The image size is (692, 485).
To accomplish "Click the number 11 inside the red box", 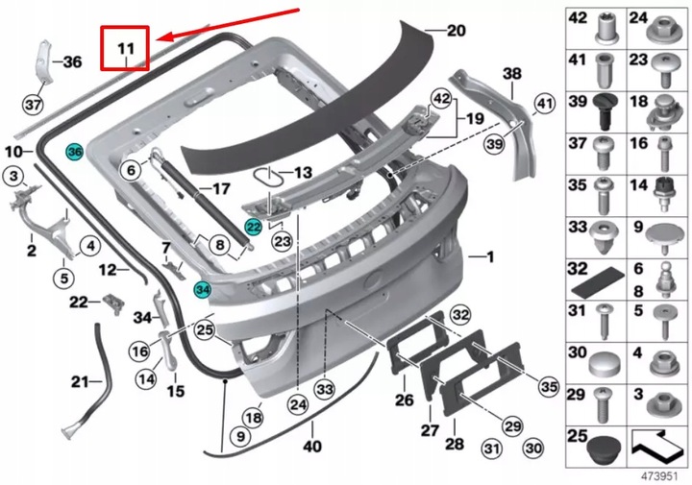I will coord(127,47).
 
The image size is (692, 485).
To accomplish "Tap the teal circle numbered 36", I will coord(75,151).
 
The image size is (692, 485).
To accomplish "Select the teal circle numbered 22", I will coord(254,227).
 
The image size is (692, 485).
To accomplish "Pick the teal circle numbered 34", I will coord(202,288).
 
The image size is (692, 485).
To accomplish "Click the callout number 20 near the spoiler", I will coord(455,31).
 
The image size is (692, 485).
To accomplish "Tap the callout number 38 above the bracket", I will coord(512,73).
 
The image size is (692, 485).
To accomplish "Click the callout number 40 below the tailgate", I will coord(312,446).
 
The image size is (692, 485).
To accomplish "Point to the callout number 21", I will coord(79,382).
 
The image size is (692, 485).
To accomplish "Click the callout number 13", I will coord(304,173).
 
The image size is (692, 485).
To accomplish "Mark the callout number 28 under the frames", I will coord(454,444).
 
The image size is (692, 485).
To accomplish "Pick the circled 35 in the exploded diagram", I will coord(547,386).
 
